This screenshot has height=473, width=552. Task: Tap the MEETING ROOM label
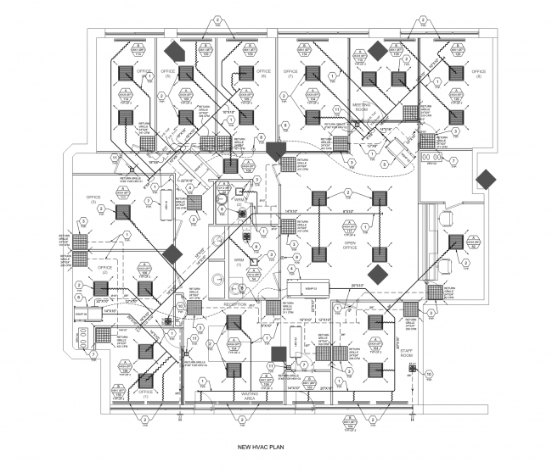coord(364,105)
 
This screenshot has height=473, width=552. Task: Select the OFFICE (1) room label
coord(145,394)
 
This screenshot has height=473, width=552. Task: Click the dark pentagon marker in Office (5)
coord(175,50)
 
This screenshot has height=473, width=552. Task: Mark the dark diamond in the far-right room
coord(487,180)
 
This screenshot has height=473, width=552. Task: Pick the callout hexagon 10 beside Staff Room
coord(429,372)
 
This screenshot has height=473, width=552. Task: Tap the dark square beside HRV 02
coord(279,353)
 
